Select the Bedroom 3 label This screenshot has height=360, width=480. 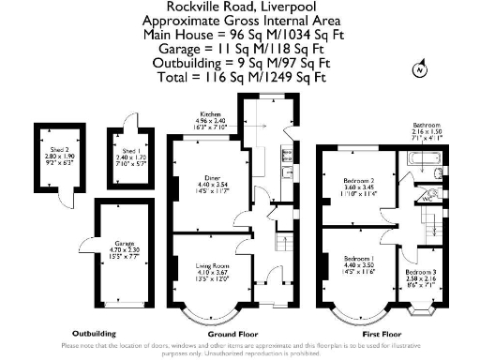pos(421,247)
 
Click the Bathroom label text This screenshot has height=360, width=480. pos(427,125)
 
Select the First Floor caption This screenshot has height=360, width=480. pos(382,333)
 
